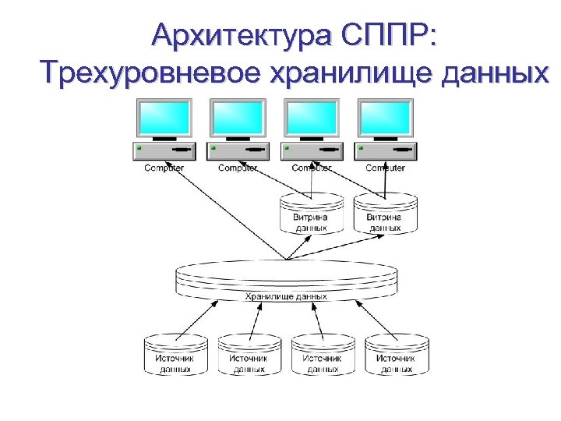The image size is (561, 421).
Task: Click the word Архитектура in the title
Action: tap(241, 34)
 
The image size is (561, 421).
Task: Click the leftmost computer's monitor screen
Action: tap(164, 119)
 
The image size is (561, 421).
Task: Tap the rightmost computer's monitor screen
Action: tap(385, 119)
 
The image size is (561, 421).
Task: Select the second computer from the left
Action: tap(238, 133)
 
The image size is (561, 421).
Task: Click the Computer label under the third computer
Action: tap(312, 168)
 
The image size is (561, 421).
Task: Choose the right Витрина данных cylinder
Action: tap(384, 214)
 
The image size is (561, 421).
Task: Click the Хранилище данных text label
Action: tap(286, 296)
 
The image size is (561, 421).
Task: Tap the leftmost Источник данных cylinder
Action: tap(176, 355)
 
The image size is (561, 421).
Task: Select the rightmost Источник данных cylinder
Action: tap(397, 355)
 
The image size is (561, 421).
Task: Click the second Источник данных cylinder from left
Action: tap(249, 355)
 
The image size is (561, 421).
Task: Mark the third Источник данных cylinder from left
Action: tap(323, 355)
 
